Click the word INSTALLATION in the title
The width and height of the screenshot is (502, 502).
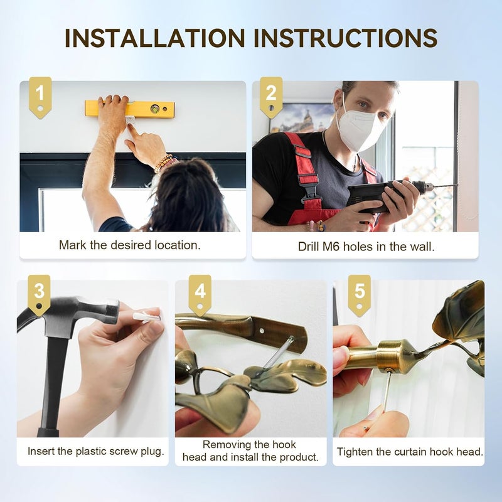(155, 38)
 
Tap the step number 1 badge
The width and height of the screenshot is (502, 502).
(40, 97)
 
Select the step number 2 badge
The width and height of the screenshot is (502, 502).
(271, 97)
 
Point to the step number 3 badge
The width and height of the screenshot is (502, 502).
(39, 295)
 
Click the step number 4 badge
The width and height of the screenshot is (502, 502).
(200, 295)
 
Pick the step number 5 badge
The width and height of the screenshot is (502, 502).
(359, 295)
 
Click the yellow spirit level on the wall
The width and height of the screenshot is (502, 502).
(130, 109)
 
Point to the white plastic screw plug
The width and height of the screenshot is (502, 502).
(147, 316)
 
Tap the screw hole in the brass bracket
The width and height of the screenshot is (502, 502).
(262, 330)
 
